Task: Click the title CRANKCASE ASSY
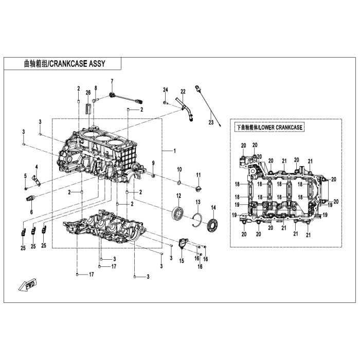(64, 64)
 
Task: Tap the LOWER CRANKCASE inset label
(269, 127)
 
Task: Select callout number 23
(210, 122)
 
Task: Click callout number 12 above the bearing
(179, 195)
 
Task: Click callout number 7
(112, 82)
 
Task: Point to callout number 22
(183, 92)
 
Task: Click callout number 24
(166, 90)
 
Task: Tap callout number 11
(198, 176)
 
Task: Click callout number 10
(179, 169)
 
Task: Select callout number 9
(152, 163)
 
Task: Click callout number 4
(37, 167)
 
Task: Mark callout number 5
(25, 176)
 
